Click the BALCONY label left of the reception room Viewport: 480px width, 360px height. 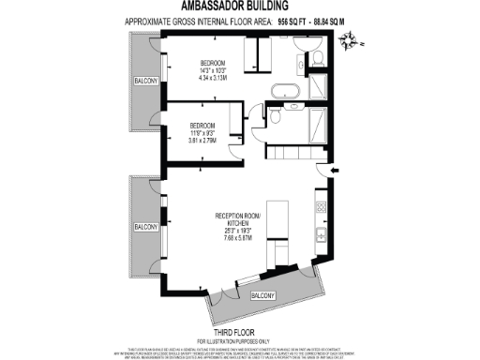(144, 227)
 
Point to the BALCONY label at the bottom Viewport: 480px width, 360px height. (264, 295)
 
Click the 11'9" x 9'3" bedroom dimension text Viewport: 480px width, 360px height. (203, 134)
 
